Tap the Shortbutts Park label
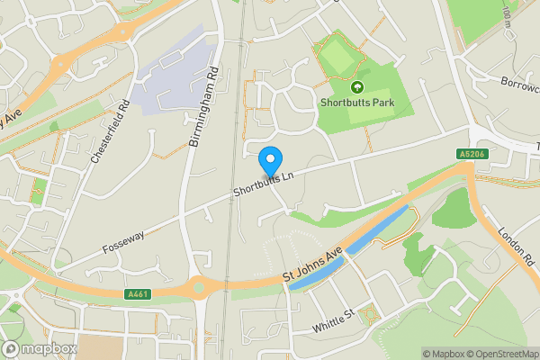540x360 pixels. tap(357, 103)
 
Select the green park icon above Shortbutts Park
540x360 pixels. tap(356, 87)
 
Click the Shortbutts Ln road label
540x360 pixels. tap(264, 184)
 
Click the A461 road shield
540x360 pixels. tap(139, 293)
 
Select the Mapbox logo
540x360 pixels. tap(39, 348)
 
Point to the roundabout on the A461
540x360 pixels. tap(200, 288)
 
